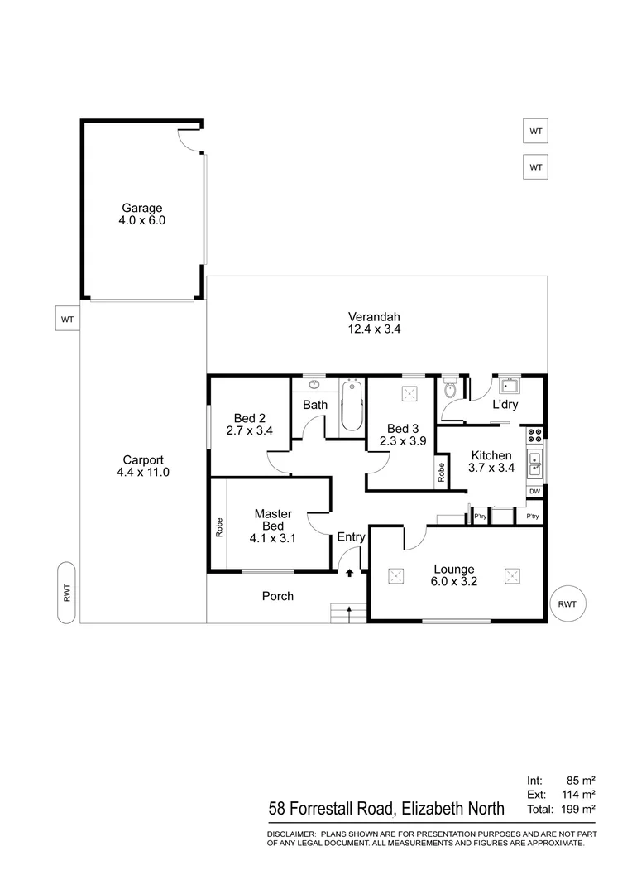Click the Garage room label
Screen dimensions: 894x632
pyautogui.click(x=142, y=208)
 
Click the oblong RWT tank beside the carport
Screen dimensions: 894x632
pyautogui.click(x=67, y=593)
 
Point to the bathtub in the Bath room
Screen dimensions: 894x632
pyautogui.click(x=352, y=406)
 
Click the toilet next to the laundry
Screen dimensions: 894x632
pyautogui.click(x=451, y=389)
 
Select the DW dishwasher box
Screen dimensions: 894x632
pyautogui.click(x=534, y=492)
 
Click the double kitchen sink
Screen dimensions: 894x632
pyautogui.click(x=535, y=464)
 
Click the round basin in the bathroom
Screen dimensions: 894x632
pyautogui.click(x=315, y=384)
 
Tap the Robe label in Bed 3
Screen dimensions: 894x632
pyautogui.click(x=442, y=473)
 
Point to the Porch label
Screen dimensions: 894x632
pyautogui.click(x=277, y=596)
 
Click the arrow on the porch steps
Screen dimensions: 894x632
pyautogui.click(x=348, y=613)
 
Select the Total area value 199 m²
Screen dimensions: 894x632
pyautogui.click(x=578, y=809)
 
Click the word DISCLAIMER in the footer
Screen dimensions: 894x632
pyautogui.click(x=290, y=834)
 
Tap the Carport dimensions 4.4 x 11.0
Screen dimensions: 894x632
pyautogui.click(x=143, y=473)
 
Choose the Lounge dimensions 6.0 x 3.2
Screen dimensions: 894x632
pyautogui.click(x=453, y=582)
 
